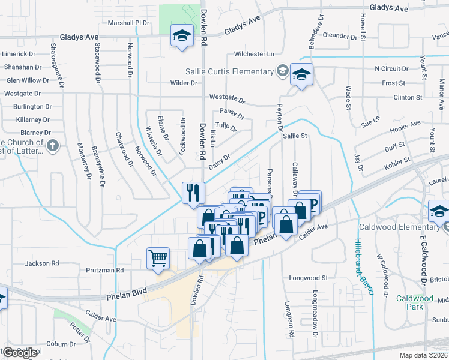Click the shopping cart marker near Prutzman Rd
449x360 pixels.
click(158, 259)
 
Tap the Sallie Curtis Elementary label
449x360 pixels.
click(230, 72)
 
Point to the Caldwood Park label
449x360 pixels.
click(415, 302)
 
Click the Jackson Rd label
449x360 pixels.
click(42, 263)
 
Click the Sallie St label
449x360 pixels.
click(295, 136)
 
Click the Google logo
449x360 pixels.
click(20, 353)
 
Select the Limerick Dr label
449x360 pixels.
click(19, 54)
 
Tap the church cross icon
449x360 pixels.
click(53, 145)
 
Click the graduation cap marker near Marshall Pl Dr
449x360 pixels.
click(181, 35)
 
